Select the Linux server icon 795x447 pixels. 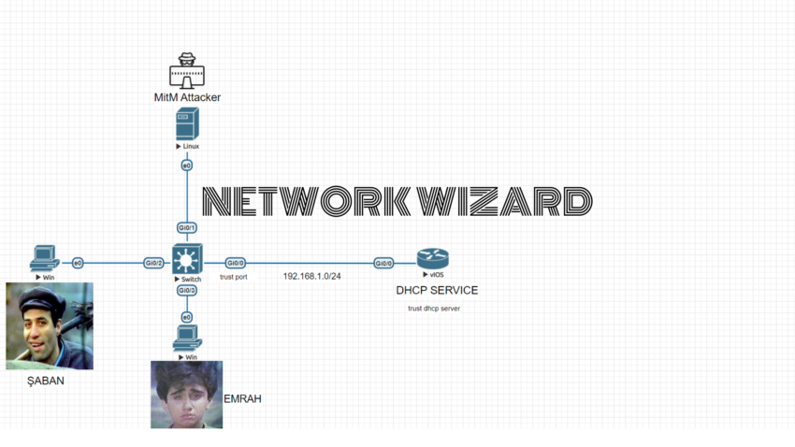click(x=187, y=124)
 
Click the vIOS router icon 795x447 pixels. click(x=432, y=259)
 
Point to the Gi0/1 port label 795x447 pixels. click(x=187, y=228)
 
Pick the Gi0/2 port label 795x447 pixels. click(x=153, y=263)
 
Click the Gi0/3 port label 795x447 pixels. click(x=187, y=291)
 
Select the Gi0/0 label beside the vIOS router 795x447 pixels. click(x=383, y=263)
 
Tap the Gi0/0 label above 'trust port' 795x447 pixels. click(x=235, y=263)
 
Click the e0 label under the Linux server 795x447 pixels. click(x=187, y=166)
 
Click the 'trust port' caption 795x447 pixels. click(x=234, y=278)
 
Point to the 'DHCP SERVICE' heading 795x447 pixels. click(x=437, y=291)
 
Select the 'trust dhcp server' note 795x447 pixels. click(x=434, y=309)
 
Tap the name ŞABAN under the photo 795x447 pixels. click(x=45, y=381)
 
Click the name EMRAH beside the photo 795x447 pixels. click(x=242, y=399)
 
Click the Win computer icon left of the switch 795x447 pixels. click(x=44, y=256)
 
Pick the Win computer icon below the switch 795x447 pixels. click(x=187, y=338)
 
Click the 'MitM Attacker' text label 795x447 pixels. click(x=187, y=97)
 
